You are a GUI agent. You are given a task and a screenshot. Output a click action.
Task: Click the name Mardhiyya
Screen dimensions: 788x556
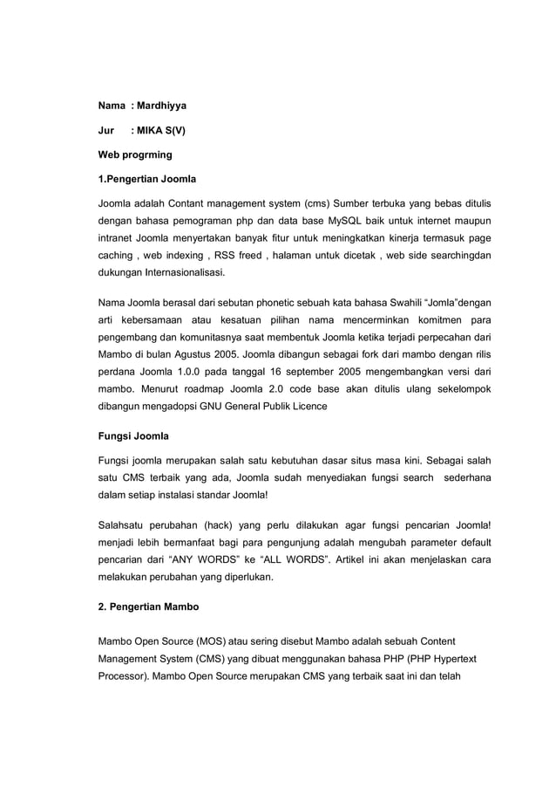pyautogui.click(x=161, y=106)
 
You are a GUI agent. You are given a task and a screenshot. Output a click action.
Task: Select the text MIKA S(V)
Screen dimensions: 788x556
pyautogui.click(x=161, y=130)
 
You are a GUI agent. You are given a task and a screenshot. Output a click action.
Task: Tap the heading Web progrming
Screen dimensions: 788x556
pyautogui.click(x=134, y=154)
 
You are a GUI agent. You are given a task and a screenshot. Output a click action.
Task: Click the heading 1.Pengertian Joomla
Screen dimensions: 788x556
pyautogui.click(x=146, y=180)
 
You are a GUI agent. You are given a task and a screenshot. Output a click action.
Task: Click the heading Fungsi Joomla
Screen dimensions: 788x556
pyautogui.click(x=132, y=435)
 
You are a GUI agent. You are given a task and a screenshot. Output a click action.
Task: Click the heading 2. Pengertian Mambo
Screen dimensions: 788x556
pyautogui.click(x=148, y=605)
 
